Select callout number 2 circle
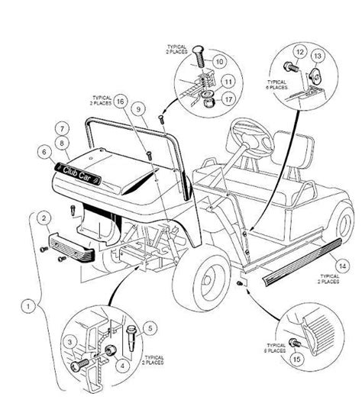pyautogui.click(x=46, y=218)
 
